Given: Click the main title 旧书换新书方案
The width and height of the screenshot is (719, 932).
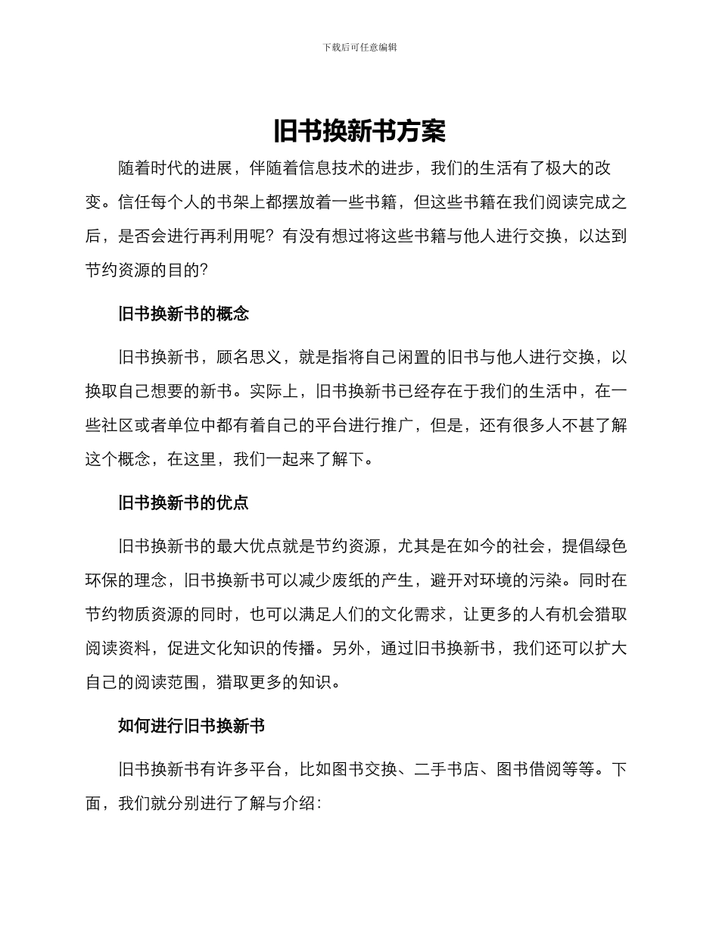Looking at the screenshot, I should (359, 131).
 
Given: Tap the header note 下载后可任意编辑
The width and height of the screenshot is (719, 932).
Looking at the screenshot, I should (359, 47).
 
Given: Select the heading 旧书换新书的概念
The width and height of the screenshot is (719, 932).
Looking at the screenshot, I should (183, 314).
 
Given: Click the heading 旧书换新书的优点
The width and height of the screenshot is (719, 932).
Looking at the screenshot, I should (183, 502).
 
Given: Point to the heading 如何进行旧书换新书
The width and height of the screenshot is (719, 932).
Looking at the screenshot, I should (191, 726).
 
